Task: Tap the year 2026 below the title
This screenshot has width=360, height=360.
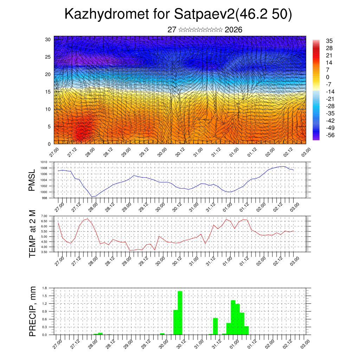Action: click(233, 30)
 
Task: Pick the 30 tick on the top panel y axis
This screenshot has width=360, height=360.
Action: click(48, 39)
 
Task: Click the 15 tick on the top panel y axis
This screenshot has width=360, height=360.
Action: click(48, 92)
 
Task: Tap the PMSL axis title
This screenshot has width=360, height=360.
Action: click(32, 180)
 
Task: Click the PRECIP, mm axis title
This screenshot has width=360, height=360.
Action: click(32, 311)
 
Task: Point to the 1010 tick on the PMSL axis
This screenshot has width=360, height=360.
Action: click(44, 162)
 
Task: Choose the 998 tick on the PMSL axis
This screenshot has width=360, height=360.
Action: click(45, 198)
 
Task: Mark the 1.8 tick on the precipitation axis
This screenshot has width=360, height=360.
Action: click(45, 288)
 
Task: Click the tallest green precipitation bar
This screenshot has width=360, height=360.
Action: click(180, 313)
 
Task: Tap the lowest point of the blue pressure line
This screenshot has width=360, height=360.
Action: click(92, 197)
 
